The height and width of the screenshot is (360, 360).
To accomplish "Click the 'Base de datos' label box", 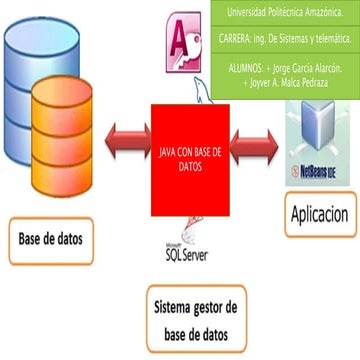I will (x=51, y=239).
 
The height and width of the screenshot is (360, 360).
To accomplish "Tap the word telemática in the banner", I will (x=331, y=37).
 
